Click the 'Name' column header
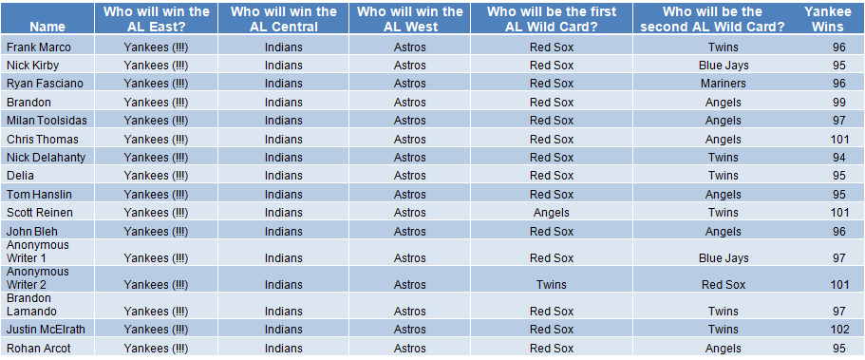tap(47, 27)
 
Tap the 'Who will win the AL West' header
tap(410, 19)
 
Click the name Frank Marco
tap(39, 47)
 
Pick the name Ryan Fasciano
tap(46, 84)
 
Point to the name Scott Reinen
tap(40, 213)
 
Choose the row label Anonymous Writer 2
tap(38, 278)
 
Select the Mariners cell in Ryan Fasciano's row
tap(724, 84)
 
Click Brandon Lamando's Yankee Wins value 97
tap(839, 312)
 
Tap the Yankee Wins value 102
tap(839, 330)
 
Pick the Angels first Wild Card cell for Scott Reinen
tap(552, 213)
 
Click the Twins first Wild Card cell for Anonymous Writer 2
tap(552, 285)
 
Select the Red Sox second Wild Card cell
tap(724, 285)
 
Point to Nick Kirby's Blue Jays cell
tap(724, 66)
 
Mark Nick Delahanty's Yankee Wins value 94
tap(839, 158)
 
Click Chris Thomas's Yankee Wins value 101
tap(839, 139)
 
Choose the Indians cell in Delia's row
tap(284, 176)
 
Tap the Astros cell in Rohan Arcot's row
tap(410, 349)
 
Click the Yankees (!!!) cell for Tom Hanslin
tap(156, 195)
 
